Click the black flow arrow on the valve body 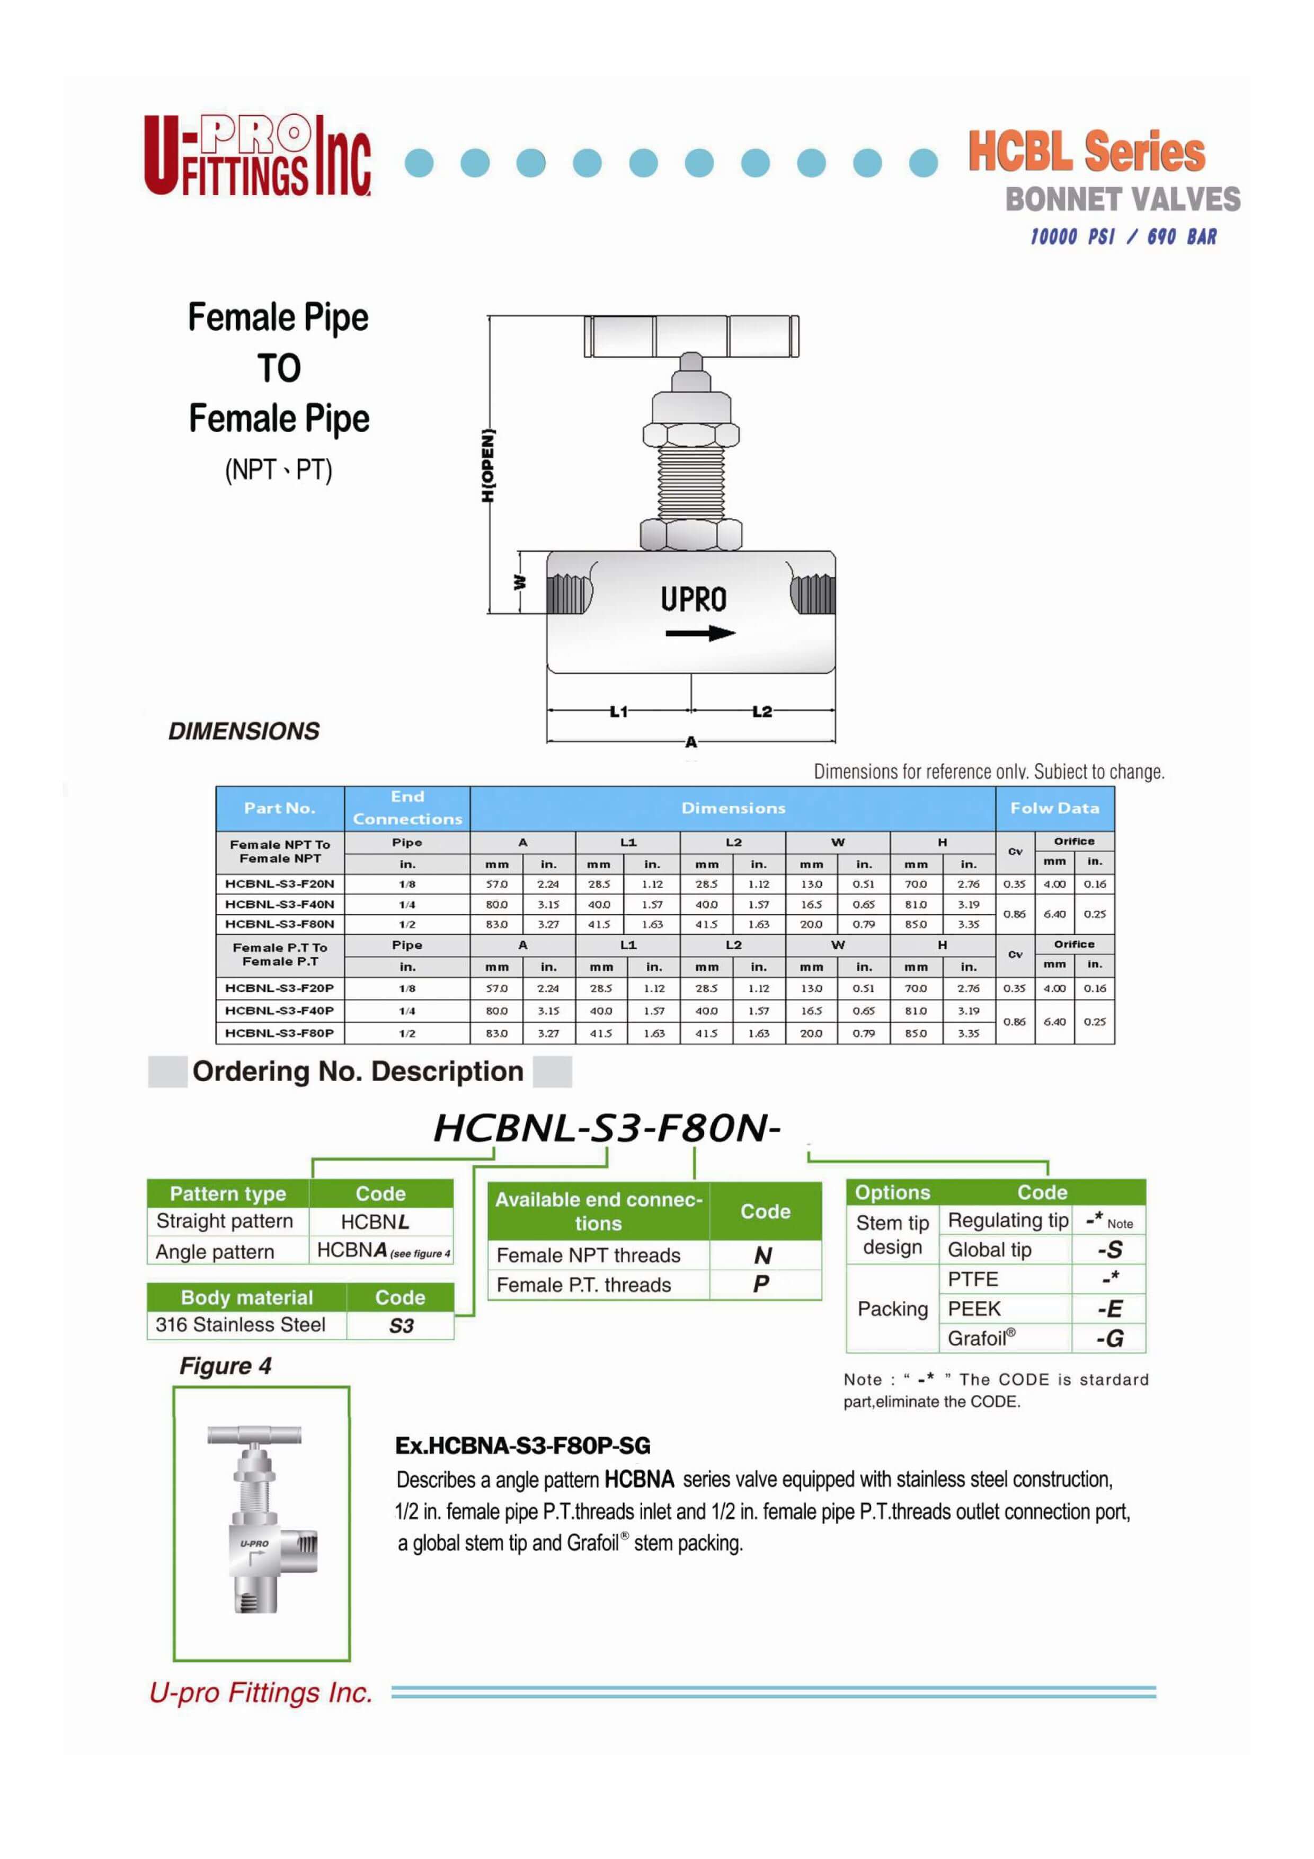pyautogui.click(x=699, y=633)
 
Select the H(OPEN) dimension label pyautogui.click(x=487, y=466)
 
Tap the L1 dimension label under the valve pyautogui.click(x=618, y=712)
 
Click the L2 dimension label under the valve pyautogui.click(x=761, y=712)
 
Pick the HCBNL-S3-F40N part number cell pyautogui.click(x=279, y=905)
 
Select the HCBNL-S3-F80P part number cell pyautogui.click(x=279, y=1033)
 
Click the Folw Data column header pyautogui.click(x=1054, y=808)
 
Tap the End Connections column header pyautogui.click(x=407, y=808)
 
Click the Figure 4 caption pyautogui.click(x=225, y=1366)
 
